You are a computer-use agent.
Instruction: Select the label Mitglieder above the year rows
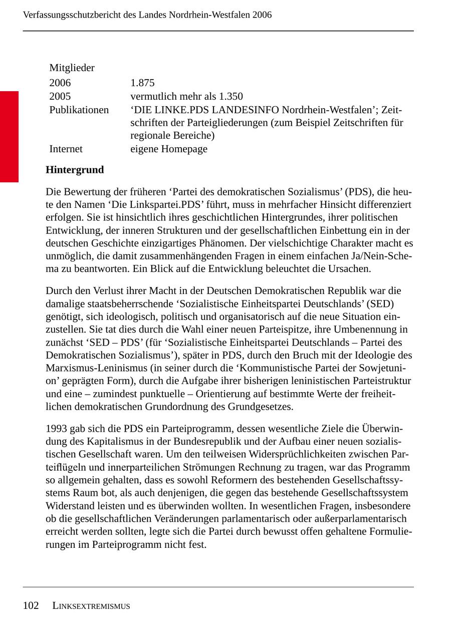point(72,68)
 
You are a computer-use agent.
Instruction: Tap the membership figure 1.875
point(142,83)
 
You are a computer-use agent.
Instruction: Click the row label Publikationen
point(79,110)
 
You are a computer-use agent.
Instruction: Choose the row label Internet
point(66,149)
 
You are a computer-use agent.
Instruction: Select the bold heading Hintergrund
point(75,170)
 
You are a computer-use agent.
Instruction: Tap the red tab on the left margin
point(9,136)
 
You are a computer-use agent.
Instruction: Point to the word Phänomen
point(217,243)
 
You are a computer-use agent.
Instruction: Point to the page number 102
point(31,605)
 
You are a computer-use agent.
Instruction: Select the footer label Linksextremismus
point(91,606)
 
